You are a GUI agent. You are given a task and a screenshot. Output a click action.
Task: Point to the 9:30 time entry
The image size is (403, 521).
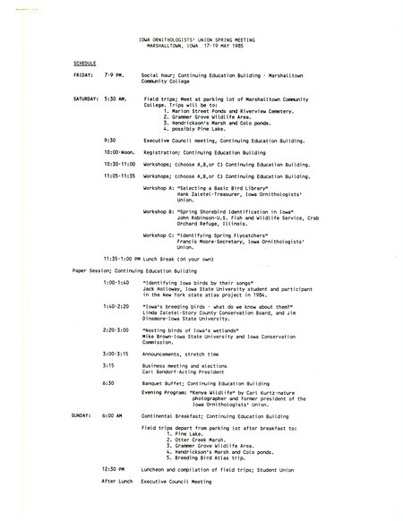(x=110, y=140)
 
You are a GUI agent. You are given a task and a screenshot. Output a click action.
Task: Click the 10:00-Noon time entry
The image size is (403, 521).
(x=118, y=152)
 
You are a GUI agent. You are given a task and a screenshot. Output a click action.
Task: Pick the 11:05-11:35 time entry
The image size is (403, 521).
(x=121, y=176)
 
